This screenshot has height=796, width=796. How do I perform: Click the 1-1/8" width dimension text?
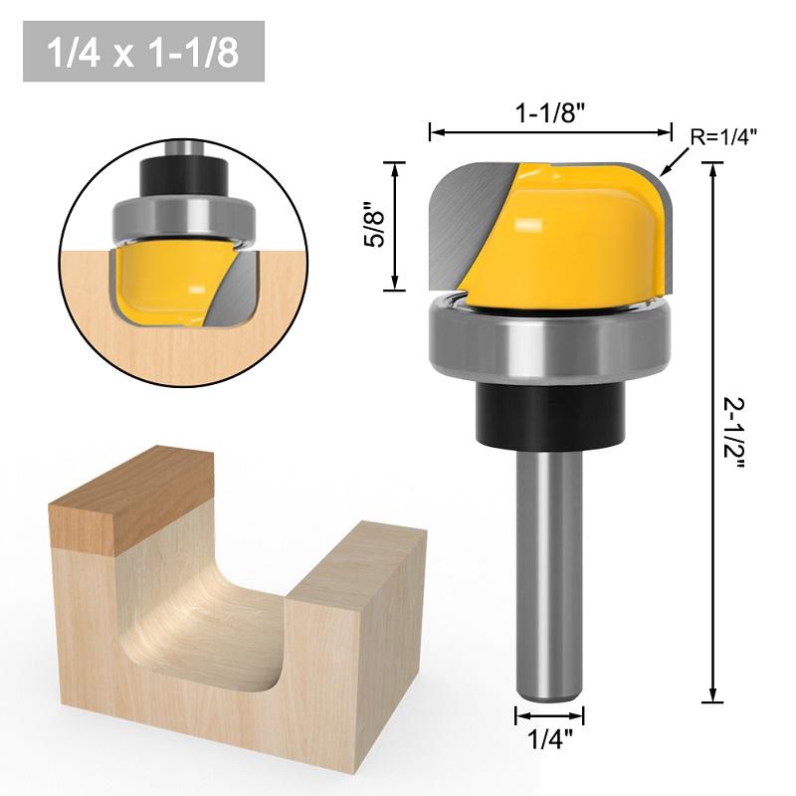549,113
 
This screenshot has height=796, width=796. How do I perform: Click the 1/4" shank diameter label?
549,740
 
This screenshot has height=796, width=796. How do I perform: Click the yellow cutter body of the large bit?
577,239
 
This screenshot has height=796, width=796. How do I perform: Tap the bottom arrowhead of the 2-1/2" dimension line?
713,696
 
